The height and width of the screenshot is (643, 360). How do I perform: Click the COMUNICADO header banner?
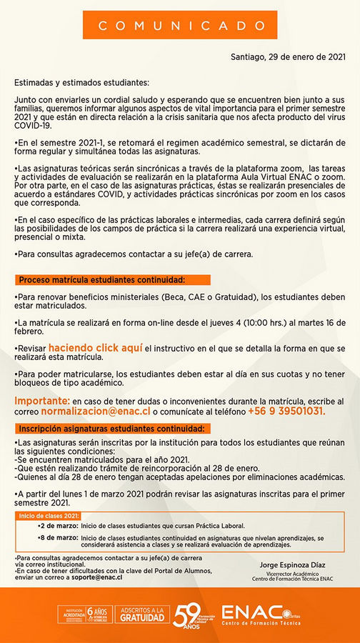179,25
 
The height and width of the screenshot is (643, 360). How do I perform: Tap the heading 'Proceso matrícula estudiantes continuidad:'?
102,279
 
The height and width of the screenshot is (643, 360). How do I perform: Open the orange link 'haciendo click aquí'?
101,347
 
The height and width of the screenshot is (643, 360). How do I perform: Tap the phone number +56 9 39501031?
266,412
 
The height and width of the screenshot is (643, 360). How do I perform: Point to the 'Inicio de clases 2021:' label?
49,515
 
